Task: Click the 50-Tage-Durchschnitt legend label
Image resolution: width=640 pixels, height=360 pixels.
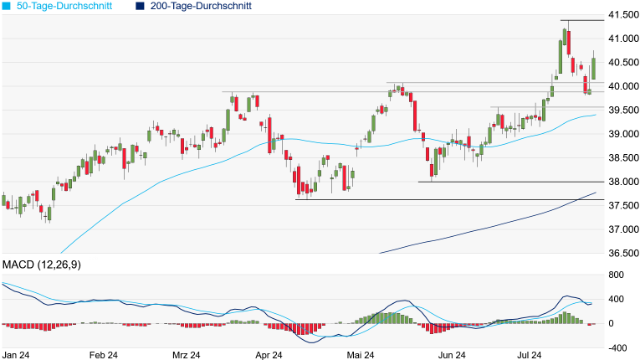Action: (x=59, y=6)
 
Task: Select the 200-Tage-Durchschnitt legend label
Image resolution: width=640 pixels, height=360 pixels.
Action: (x=201, y=6)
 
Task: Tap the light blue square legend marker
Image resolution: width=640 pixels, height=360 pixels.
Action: (x=8, y=6)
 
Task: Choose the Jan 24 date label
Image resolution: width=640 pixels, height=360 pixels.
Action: (x=17, y=355)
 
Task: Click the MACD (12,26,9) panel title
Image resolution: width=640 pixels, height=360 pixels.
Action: (x=47, y=265)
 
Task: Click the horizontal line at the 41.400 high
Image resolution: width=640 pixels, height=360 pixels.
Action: (x=581, y=20)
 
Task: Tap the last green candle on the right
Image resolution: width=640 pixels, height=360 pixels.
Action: (x=593, y=69)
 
